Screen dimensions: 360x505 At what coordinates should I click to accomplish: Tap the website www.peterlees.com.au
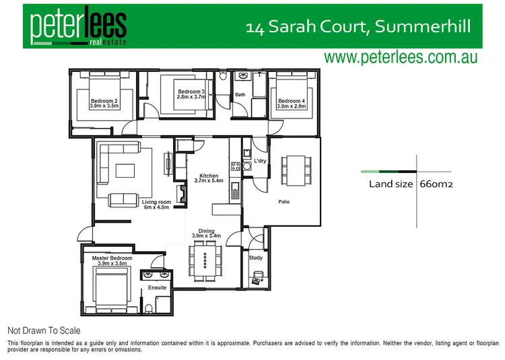[401, 57]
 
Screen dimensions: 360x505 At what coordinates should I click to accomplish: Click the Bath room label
[240, 95]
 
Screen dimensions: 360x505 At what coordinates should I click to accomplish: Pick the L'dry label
[260, 161]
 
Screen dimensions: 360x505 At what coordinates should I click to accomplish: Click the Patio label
[284, 201]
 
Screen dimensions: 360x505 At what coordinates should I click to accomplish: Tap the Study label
[255, 258]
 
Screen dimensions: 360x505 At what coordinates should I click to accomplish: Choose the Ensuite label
[158, 288]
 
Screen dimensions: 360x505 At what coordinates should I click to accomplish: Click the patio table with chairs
[295, 170]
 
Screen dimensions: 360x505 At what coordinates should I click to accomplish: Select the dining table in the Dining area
[206, 260]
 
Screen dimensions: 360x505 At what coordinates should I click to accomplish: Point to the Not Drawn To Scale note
[44, 330]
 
